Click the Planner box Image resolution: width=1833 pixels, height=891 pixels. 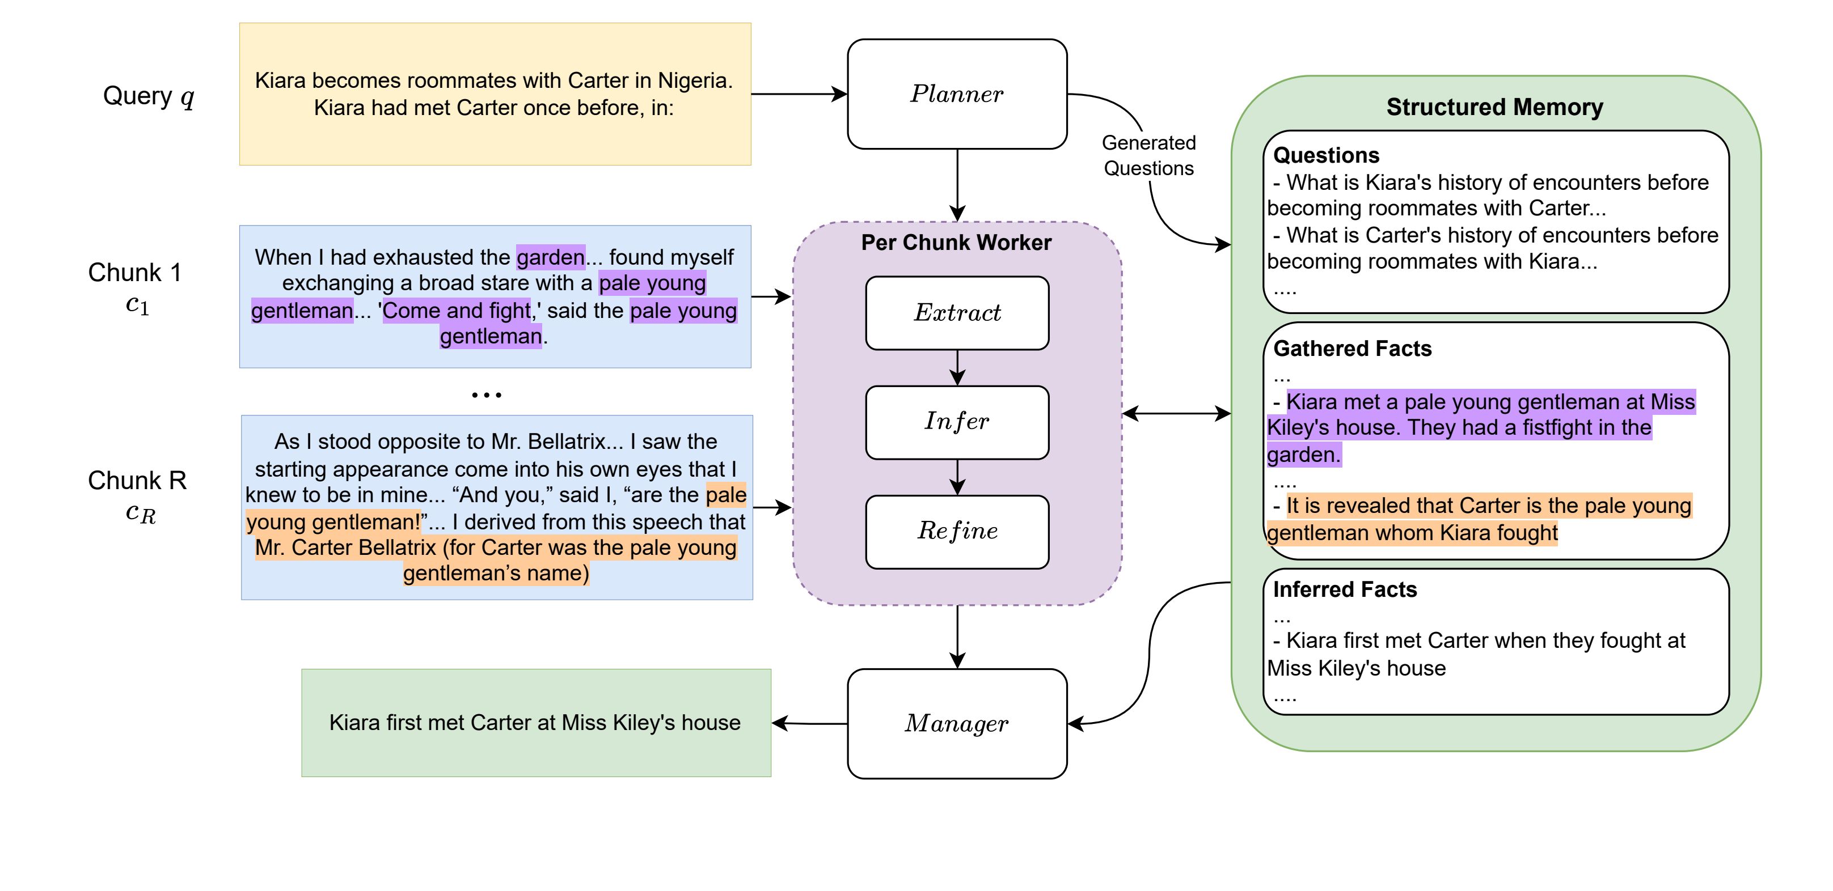point(957,94)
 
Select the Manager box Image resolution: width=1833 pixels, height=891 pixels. point(957,723)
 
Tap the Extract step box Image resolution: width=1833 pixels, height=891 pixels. point(957,313)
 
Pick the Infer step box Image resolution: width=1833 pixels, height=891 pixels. point(957,422)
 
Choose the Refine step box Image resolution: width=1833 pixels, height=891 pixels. point(957,531)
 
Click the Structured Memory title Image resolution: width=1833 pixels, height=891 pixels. point(1494,107)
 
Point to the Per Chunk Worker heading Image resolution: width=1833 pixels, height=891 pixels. point(956,243)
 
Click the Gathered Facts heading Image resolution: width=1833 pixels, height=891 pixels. point(1352,349)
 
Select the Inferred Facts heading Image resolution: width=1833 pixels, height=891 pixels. point(1344,589)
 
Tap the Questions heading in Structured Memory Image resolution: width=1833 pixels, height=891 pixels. point(1325,155)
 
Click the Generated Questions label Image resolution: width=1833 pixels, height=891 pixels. point(1148,156)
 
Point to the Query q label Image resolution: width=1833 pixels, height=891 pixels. point(148,96)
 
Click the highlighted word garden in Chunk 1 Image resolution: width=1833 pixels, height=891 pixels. point(551,257)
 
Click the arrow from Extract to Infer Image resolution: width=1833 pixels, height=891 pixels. point(957,368)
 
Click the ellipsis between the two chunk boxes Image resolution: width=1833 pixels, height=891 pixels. point(487,394)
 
